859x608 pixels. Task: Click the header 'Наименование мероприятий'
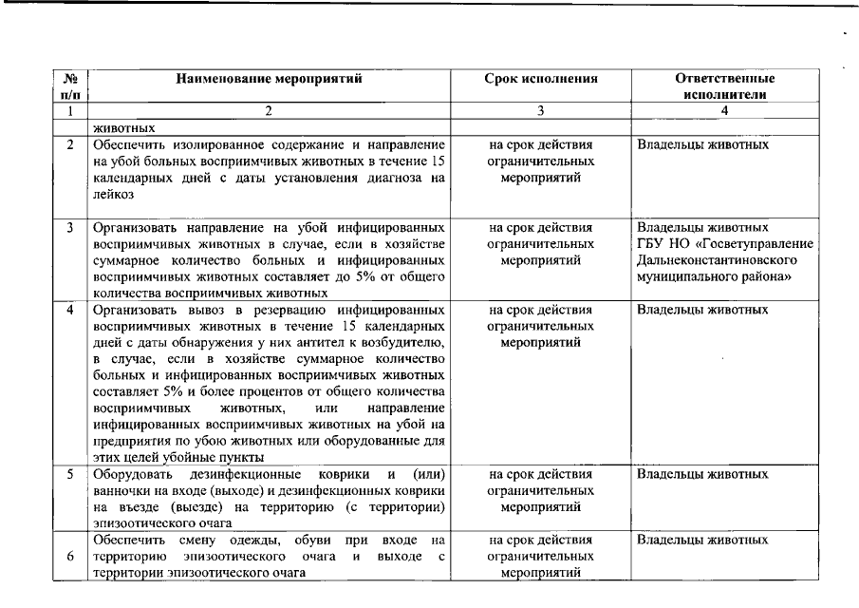pos(270,79)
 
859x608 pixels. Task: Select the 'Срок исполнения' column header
pos(540,79)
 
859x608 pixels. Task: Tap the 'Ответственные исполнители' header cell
pos(724,86)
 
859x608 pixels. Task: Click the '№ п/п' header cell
pos(70,86)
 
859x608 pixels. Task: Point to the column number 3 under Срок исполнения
pos(540,111)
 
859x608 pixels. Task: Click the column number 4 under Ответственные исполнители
pos(724,111)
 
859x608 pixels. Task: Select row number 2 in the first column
pos(70,145)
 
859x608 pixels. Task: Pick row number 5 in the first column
pos(70,473)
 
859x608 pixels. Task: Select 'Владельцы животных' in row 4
pos(701,310)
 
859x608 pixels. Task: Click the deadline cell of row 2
pos(540,161)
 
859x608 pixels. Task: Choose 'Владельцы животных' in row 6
pos(701,540)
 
